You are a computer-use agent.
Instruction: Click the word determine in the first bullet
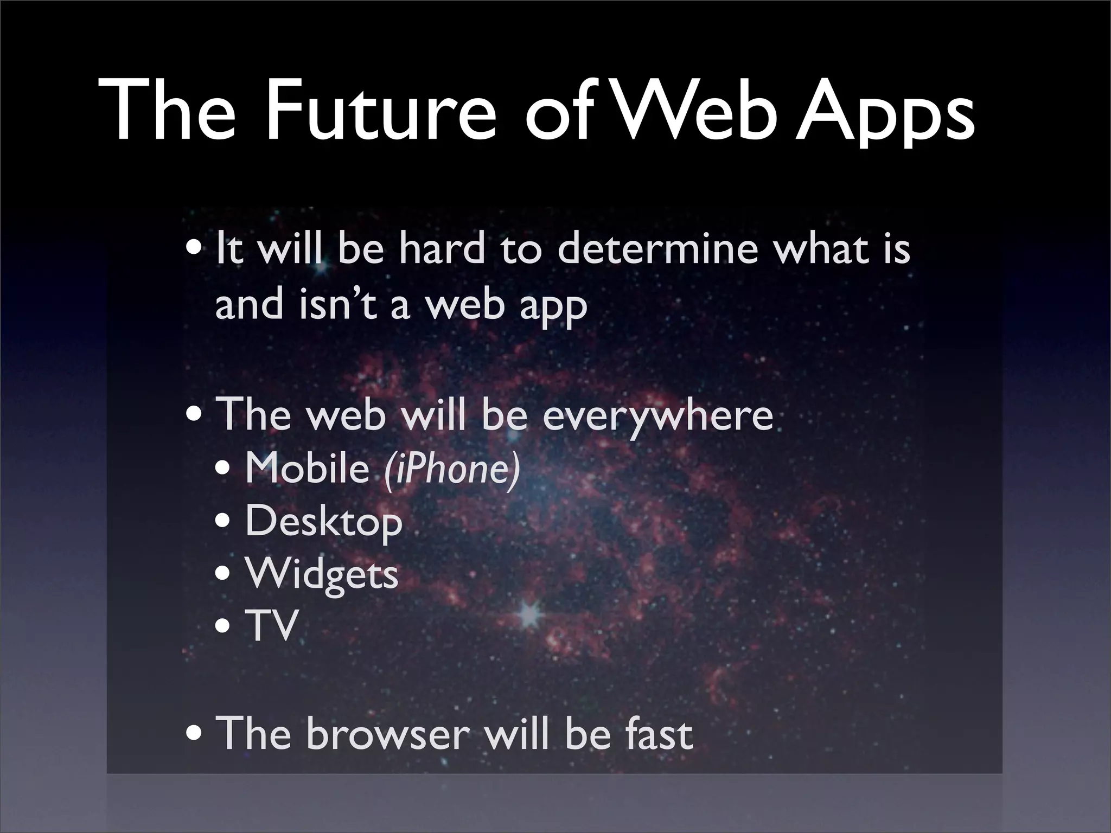click(x=657, y=249)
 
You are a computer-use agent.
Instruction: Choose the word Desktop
click(x=324, y=522)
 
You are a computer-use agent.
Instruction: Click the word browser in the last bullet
click(x=387, y=733)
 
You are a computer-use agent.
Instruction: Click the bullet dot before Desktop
click(x=224, y=524)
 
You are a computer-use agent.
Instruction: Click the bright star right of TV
click(x=527, y=613)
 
